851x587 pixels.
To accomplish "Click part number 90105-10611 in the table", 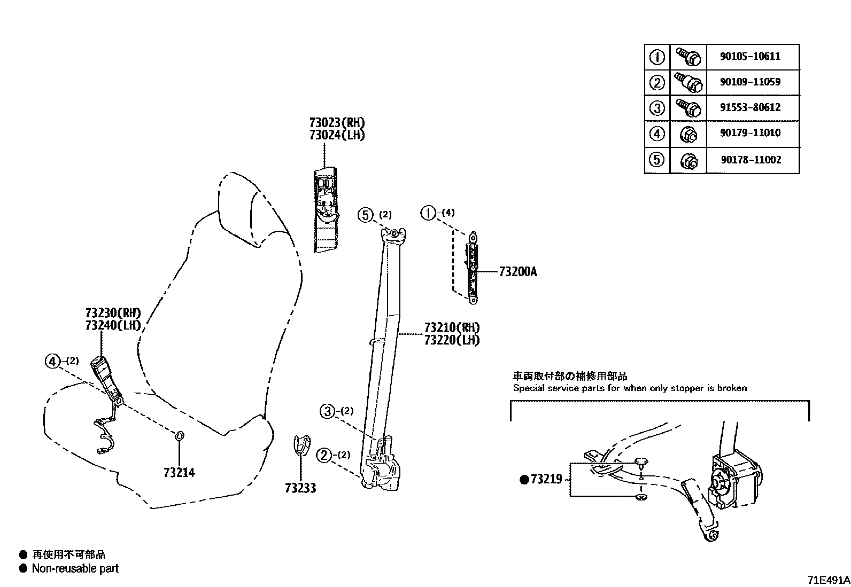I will [750, 57].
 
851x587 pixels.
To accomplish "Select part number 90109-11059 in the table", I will [750, 82].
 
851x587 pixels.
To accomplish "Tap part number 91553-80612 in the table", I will [750, 107].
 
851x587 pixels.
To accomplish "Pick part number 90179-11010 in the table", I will [750, 133].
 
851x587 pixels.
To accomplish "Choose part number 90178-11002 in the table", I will [750, 160].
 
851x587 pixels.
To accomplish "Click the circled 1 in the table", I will [657, 57].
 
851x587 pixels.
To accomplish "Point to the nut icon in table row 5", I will [688, 160].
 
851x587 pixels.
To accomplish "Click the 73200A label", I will [517, 272].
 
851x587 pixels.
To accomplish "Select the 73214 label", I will [179, 473].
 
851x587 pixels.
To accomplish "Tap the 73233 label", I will [300, 488].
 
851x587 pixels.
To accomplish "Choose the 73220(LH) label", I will [452, 340].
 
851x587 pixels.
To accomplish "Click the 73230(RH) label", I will [113, 313].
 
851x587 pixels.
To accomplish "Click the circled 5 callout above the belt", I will [365, 215].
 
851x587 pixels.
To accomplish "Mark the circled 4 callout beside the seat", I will [52, 362].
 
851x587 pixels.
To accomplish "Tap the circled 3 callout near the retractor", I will [327, 411].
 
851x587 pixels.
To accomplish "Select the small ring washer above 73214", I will [180, 436].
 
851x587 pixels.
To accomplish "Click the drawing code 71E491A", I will [828, 580].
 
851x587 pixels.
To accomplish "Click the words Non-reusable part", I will [75, 568].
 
